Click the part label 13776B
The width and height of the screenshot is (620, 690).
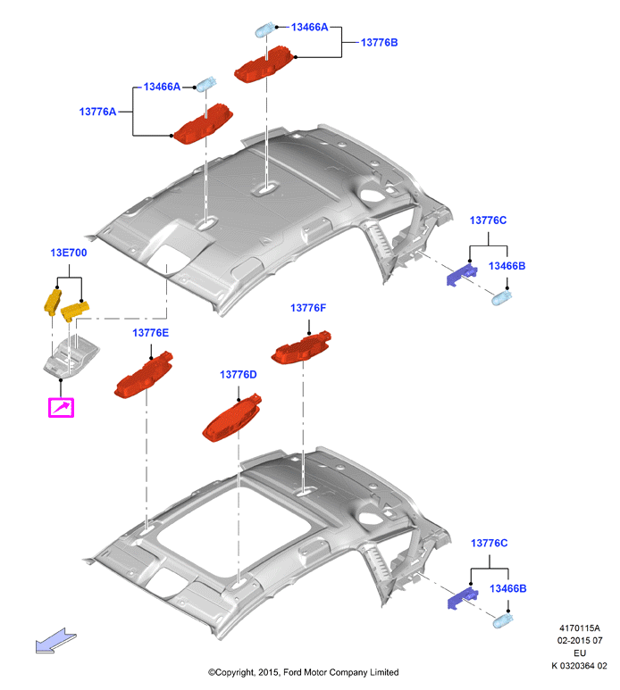pos(379,43)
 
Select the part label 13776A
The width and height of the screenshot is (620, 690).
pos(97,112)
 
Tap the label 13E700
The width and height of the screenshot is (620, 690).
pos(69,253)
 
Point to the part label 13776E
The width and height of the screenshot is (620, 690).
pos(151,333)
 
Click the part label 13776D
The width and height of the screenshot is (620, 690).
pos(239,375)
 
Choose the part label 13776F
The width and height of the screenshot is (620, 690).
pos(308,308)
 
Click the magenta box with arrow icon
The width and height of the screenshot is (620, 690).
pos(62,408)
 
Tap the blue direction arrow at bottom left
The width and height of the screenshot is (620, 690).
pos(56,640)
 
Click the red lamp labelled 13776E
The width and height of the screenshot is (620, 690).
pos(144,375)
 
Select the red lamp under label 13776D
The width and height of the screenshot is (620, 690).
pos(231,417)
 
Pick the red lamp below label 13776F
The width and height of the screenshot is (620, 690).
pos(301,347)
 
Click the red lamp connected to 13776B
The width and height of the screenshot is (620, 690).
pos(264,64)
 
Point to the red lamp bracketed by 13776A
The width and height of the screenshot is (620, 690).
pos(203,124)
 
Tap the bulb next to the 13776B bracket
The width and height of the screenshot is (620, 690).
pos(266,30)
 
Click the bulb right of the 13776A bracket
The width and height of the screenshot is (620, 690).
pos(206,84)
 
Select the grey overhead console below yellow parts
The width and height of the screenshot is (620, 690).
pos(71,356)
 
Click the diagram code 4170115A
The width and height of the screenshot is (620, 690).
pos(580,628)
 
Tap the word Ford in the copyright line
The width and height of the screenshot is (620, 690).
pos(293,672)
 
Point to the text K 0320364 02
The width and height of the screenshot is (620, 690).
pos(579,665)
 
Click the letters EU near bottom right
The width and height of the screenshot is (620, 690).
pos(580,653)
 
